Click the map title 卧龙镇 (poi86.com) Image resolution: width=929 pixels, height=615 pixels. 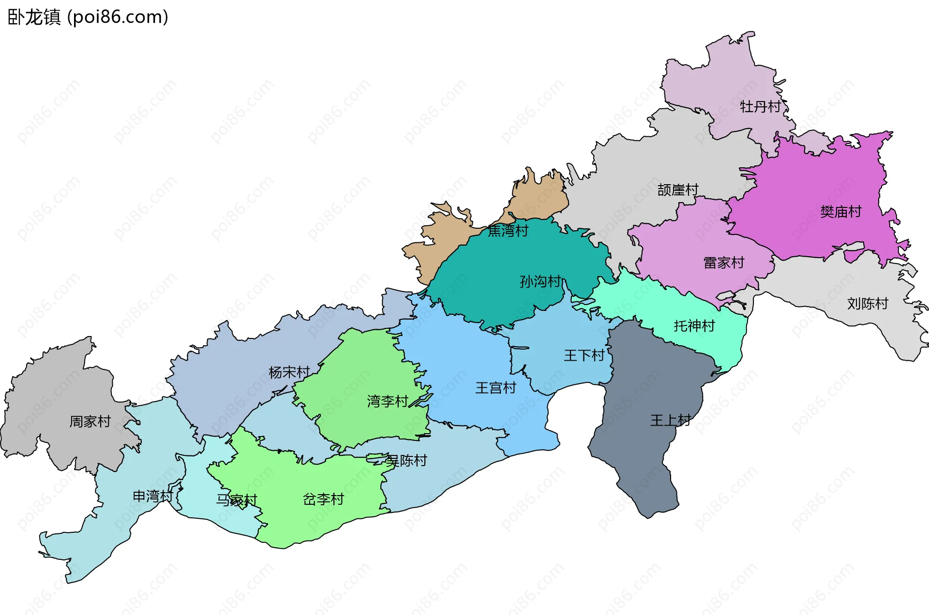click(88, 17)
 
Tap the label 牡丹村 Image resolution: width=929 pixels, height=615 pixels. click(760, 106)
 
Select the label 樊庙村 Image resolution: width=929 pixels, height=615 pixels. click(841, 212)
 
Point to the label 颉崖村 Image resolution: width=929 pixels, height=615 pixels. click(678, 190)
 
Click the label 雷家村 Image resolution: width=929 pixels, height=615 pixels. click(723, 263)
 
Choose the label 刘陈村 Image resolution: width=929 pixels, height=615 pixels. click(868, 304)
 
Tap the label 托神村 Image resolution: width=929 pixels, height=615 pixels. click(694, 326)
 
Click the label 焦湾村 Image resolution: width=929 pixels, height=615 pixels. click(508, 231)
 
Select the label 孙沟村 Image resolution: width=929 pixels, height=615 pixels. click(540, 281)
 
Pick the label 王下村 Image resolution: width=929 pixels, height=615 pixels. click(584, 356)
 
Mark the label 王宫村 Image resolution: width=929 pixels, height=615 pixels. click(495, 388)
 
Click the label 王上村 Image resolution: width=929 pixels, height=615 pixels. click(670, 420)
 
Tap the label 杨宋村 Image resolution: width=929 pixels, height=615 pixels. click(289, 372)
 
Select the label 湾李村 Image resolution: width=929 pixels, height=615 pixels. click(388, 401)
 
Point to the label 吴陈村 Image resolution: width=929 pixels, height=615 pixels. click(406, 461)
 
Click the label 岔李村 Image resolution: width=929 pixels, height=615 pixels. click(323, 499)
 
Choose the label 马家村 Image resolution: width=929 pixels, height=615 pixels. click(237, 500)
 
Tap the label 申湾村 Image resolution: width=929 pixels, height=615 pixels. click(153, 496)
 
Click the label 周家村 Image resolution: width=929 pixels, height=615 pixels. click(90, 422)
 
